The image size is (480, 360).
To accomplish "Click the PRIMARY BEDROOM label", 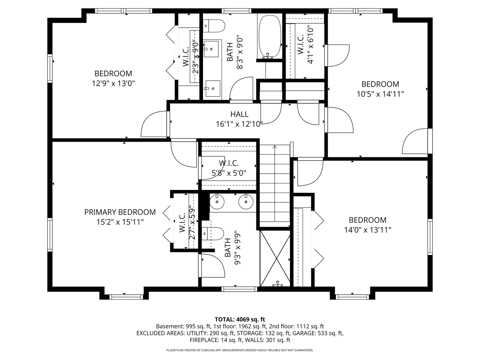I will click(120, 212).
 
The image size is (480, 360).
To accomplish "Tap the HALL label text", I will click(239, 114).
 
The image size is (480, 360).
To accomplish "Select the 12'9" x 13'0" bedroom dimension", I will click(113, 83).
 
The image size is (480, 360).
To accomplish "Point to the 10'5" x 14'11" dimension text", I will click(380, 94).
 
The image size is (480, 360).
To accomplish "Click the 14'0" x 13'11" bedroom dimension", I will click(368, 230).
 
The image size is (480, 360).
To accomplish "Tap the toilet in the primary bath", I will click(213, 234).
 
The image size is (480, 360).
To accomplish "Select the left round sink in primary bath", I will click(217, 202).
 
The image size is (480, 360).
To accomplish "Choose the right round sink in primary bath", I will click(246, 202).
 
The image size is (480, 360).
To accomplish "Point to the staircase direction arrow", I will click(275, 147).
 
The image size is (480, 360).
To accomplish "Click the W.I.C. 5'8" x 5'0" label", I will click(229, 168).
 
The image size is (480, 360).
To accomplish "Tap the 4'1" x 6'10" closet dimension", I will click(310, 45).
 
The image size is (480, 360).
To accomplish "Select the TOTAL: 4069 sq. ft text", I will click(240, 319).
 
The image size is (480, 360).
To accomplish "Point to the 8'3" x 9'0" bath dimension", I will click(240, 52).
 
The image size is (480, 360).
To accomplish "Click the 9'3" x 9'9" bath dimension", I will click(237, 248).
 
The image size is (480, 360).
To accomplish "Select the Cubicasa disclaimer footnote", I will click(240, 350).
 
